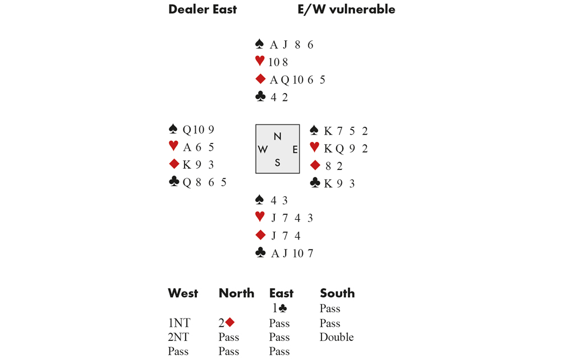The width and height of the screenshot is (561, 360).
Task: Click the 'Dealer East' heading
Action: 203,10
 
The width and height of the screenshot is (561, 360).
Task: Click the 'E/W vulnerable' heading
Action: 346,10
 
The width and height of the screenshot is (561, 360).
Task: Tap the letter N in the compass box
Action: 278,136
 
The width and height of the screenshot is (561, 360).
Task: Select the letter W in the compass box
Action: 263,149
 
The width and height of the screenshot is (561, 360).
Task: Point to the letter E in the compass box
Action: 295,149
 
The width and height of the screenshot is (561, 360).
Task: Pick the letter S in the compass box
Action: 277,163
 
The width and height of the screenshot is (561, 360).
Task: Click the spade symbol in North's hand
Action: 260,44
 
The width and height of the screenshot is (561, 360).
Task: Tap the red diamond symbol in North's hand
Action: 260,79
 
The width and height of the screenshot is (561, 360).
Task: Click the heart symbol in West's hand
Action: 173,146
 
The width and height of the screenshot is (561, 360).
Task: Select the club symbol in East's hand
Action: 315,183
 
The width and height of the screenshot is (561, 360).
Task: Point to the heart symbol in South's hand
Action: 260,216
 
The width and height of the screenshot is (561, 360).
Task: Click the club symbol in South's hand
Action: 260,253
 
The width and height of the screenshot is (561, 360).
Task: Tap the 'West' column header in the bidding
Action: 183,293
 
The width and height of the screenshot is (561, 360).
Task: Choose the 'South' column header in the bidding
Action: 337,293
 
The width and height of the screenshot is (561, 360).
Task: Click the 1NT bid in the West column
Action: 179,323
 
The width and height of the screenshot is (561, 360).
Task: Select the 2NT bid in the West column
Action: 179,337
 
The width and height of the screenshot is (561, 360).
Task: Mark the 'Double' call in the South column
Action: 337,337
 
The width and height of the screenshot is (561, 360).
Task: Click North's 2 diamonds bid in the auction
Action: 227,323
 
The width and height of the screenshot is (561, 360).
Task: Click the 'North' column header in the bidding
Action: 236,293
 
